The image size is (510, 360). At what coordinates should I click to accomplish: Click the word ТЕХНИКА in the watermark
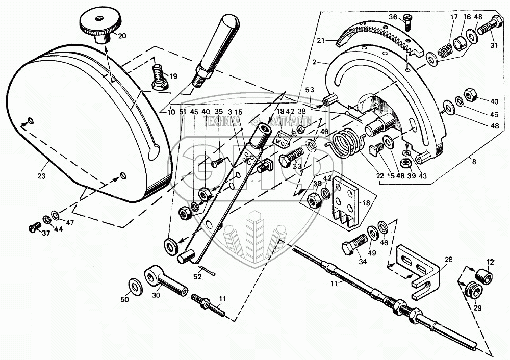point(223,121)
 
